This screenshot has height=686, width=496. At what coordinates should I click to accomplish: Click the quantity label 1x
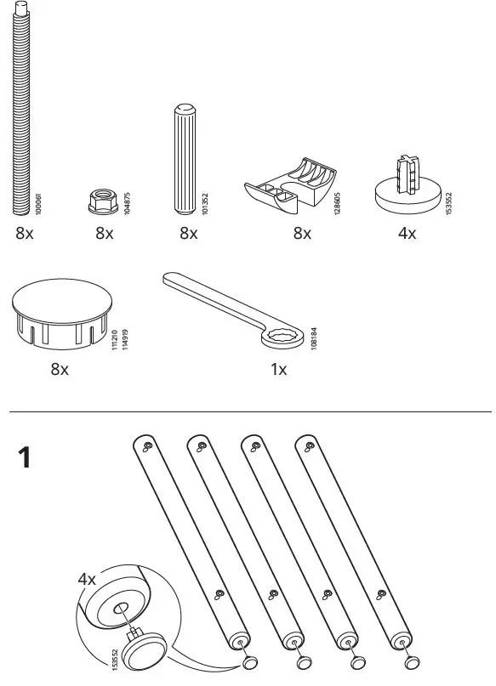(x=279, y=370)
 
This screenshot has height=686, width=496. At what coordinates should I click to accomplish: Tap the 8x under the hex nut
(x=104, y=234)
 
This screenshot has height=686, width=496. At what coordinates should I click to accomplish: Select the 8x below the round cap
(x=59, y=370)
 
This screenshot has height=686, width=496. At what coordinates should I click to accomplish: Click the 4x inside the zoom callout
(x=87, y=579)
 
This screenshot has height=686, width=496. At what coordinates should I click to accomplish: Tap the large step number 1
(x=26, y=460)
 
